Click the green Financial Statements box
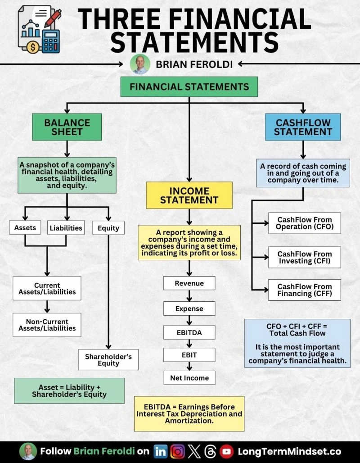pyautogui.click(x=189, y=87)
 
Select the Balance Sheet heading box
pyautogui.click(x=67, y=127)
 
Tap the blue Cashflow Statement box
pyautogui.click(x=302, y=127)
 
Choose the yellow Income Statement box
pyautogui.click(x=189, y=195)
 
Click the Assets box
pyautogui.click(x=25, y=227)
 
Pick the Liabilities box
pyautogui.click(x=66, y=227)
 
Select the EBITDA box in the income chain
pyautogui.click(x=189, y=333)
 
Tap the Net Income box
pyautogui.click(x=189, y=378)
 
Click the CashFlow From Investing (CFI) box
pyautogui.click(x=304, y=258)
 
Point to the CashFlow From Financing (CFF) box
pyautogui.click(x=304, y=290)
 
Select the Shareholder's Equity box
pyautogui.click(x=108, y=359)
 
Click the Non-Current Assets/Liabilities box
pyautogui.click(x=47, y=325)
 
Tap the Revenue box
pyautogui.click(x=189, y=283)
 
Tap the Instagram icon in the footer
pyautogui.click(x=177, y=451)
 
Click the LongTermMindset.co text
pyautogui.click(x=289, y=451)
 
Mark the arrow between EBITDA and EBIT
pyautogui.click(x=189, y=344)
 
